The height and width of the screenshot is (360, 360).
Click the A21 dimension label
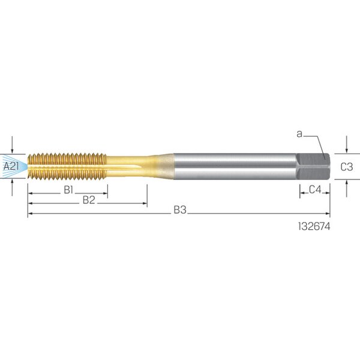coord(11,166)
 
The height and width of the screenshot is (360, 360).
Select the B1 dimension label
coord(68,190)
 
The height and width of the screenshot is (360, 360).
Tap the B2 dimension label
coord(89,200)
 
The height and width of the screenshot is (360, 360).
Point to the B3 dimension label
coord(180,210)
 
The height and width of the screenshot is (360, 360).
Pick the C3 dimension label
coord(346,167)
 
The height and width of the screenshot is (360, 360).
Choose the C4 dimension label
coord(315,190)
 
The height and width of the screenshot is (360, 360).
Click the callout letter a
coord(299,134)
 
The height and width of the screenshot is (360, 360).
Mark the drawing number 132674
coord(314,227)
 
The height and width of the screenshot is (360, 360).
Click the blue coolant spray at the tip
coord(14,166)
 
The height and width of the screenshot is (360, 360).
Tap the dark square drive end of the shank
coord(313,166)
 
